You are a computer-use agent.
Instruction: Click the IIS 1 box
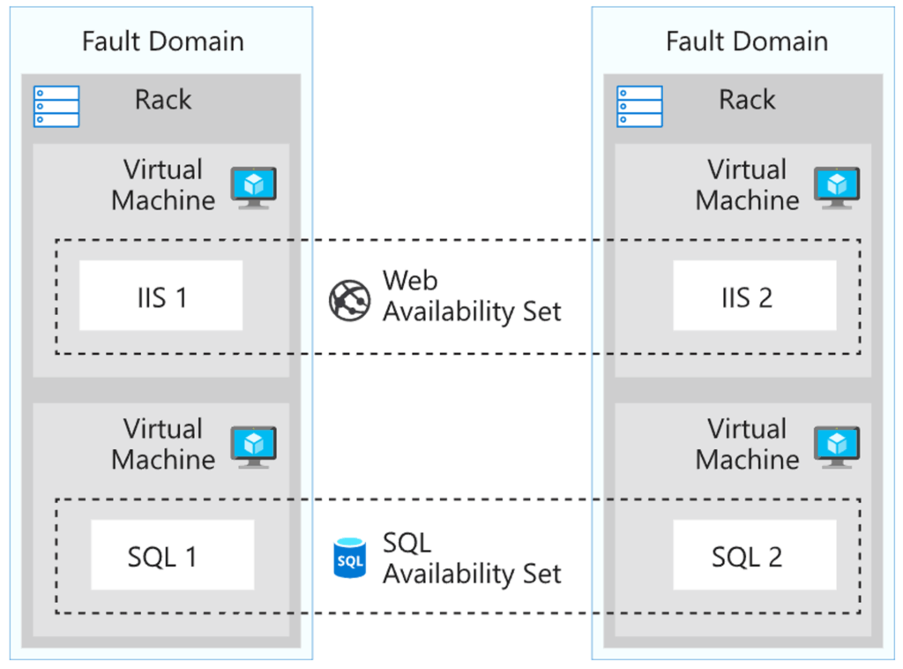tap(160, 296)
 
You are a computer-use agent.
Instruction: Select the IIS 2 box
tap(755, 296)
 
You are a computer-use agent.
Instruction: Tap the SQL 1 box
tap(172, 555)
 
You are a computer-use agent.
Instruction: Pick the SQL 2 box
tap(755, 555)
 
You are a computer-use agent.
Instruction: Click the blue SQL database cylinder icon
tap(349, 558)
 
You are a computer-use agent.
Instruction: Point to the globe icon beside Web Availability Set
tap(349, 300)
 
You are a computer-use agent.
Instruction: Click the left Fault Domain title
tap(163, 41)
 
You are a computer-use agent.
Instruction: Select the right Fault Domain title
tap(747, 41)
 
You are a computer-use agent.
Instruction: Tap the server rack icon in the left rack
tap(56, 107)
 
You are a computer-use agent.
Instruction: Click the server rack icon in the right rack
tap(639, 107)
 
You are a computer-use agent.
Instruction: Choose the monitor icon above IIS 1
tap(253, 188)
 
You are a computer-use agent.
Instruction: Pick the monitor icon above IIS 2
tap(837, 188)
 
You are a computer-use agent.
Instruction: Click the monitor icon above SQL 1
tap(253, 447)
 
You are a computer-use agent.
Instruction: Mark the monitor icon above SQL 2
tap(837, 447)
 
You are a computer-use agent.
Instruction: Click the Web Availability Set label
tap(472, 297)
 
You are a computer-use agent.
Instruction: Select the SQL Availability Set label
tap(472, 559)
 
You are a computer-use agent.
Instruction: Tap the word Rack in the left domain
tap(163, 100)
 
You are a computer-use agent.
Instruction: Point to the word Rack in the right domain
tap(747, 100)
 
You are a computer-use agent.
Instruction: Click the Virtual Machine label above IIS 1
tap(163, 185)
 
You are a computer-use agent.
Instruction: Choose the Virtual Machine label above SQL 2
tap(747, 444)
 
